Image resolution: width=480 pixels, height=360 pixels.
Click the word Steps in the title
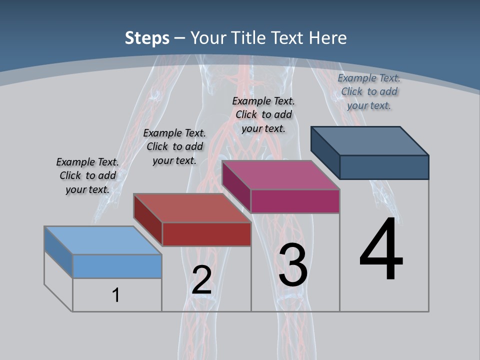147,38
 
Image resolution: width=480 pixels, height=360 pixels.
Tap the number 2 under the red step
201,280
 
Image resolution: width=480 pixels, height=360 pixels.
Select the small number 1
116,295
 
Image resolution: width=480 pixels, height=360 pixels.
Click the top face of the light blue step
102,240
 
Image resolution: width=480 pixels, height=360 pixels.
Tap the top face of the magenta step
280,175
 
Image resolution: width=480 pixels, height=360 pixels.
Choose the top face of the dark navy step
369,140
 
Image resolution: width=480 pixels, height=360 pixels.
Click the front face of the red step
206,234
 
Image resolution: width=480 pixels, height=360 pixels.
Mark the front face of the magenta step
295,201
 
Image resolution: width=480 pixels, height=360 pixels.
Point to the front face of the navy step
384,167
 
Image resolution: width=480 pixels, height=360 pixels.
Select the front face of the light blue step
117,266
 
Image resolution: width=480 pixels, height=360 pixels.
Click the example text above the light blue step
87,175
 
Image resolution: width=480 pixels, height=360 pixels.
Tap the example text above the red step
174,146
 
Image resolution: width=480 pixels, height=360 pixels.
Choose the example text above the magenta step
263,114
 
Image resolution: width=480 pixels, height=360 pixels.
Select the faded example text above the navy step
369,91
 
